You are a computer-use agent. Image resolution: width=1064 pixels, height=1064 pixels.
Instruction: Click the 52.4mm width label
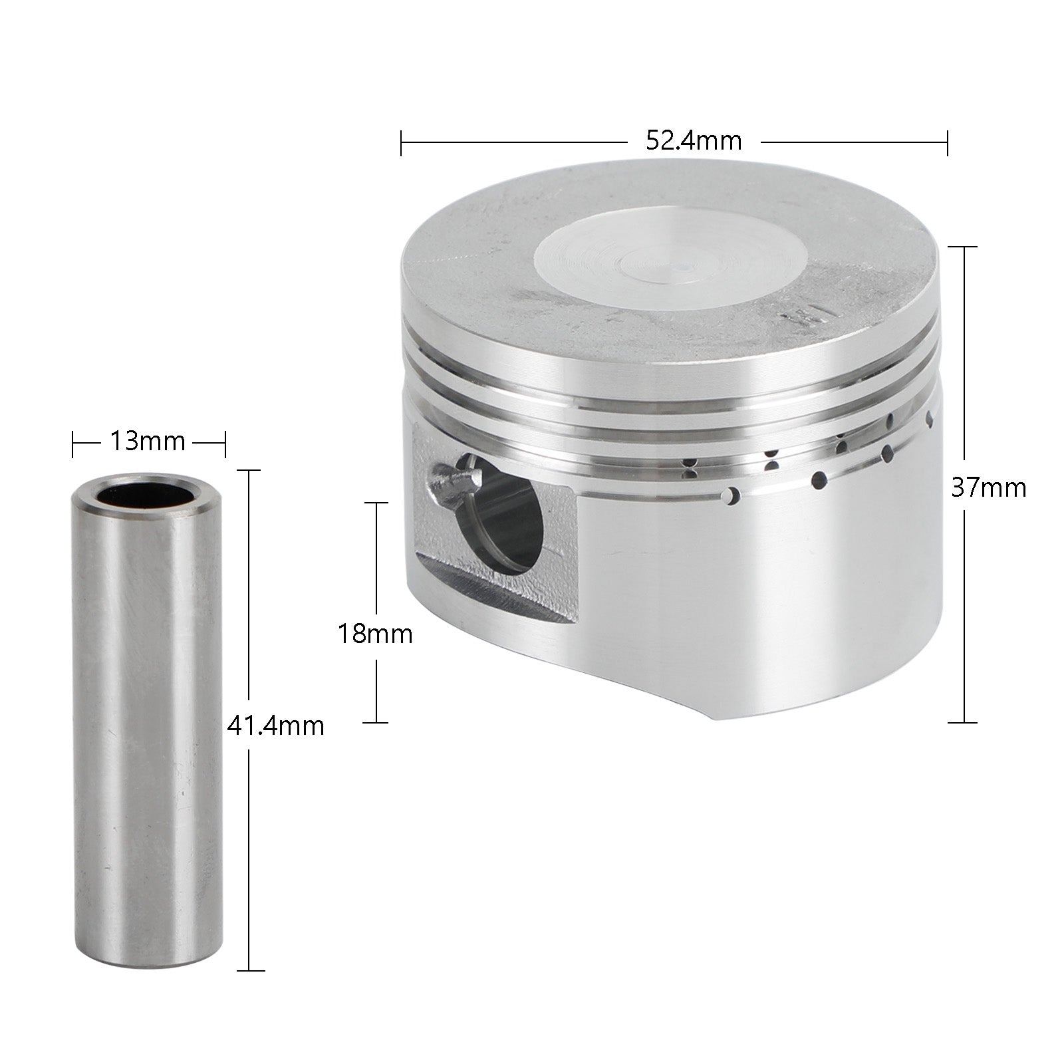693,141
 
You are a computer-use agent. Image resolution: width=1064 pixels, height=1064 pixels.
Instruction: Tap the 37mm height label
988,488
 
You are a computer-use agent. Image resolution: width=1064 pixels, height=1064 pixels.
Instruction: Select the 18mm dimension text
375,634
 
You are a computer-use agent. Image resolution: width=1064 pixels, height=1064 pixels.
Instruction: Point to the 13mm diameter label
147,442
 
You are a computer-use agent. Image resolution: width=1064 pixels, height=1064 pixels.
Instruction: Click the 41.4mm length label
275,726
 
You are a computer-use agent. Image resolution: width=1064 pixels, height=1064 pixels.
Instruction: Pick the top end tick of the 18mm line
377,502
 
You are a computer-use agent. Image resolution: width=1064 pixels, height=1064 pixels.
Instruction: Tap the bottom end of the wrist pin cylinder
147,966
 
